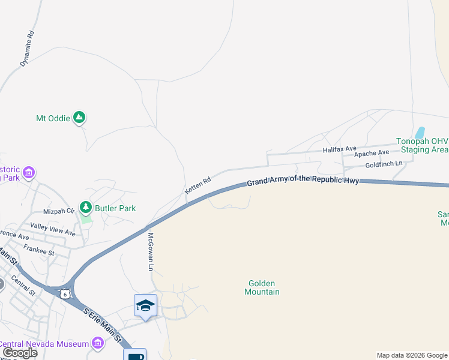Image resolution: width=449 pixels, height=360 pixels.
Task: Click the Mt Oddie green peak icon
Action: click(x=79, y=118)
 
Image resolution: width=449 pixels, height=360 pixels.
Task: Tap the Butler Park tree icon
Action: click(x=86, y=208)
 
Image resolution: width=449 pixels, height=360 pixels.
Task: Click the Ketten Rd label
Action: click(x=198, y=184)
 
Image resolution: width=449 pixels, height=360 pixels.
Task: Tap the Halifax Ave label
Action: click(x=339, y=148)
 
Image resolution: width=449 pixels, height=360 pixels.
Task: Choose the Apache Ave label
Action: click(x=372, y=154)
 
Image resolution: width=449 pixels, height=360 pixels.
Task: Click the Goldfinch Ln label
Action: click(x=384, y=164)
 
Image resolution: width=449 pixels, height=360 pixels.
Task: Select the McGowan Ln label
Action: click(x=151, y=251)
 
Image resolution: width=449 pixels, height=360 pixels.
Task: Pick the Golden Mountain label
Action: click(x=262, y=287)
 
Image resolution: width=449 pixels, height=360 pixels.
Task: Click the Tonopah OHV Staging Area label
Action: click(x=422, y=145)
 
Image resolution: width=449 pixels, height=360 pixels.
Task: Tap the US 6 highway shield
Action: click(x=65, y=293)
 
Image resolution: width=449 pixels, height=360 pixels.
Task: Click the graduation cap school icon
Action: click(x=145, y=305)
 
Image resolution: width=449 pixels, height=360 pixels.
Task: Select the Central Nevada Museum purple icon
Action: click(x=97, y=343)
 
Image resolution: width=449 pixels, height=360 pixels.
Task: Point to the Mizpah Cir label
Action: click(x=59, y=211)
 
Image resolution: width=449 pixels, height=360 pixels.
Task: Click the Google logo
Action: click(x=19, y=352)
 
